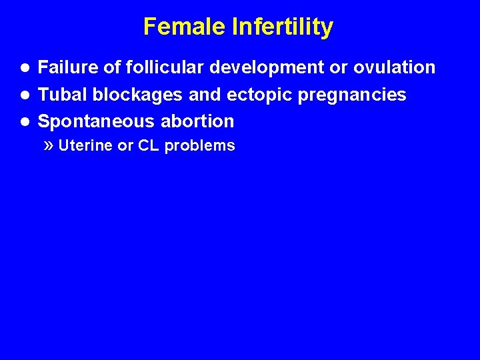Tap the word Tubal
[63, 95]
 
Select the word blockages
[137, 95]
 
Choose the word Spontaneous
[97, 121]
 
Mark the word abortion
[197, 121]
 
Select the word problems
[199, 146]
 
